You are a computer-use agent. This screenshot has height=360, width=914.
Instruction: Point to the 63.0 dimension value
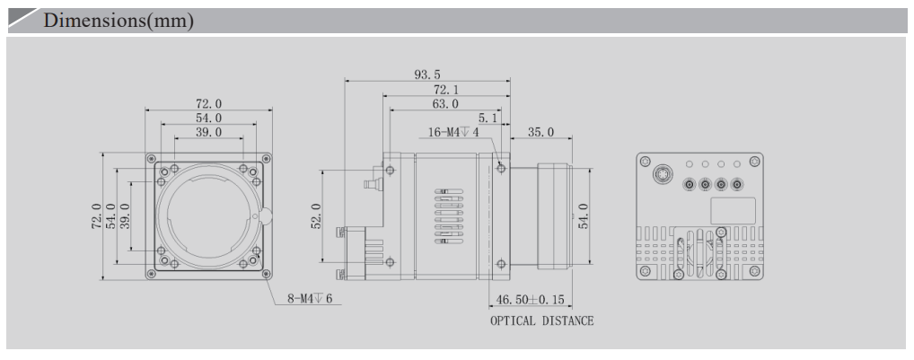[446, 105]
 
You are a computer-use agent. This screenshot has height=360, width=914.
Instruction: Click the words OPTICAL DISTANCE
[541, 321]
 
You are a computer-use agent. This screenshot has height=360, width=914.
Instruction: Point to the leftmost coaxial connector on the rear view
[689, 185]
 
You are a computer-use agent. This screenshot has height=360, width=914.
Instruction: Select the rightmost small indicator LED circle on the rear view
[737, 165]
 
